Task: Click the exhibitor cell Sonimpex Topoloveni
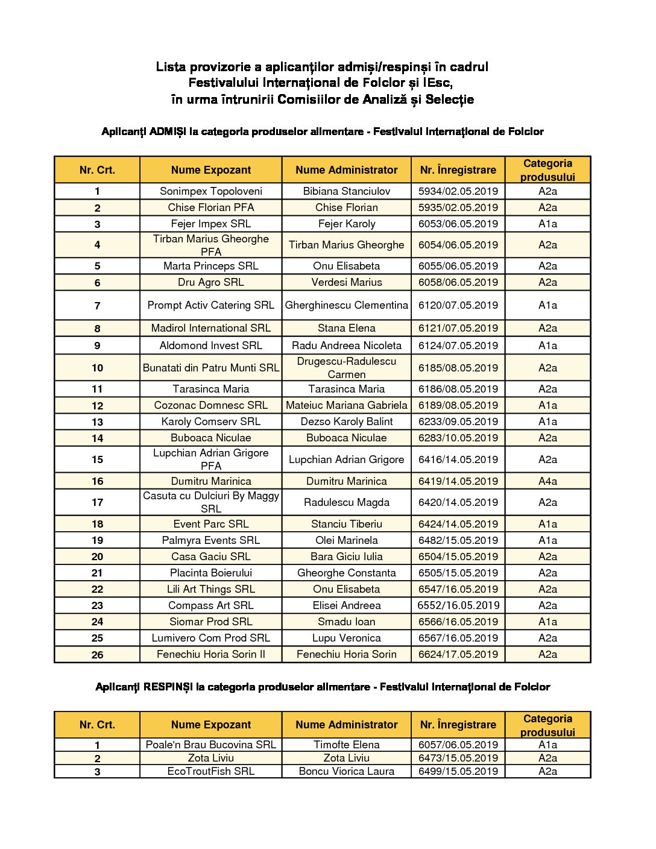coord(210,191)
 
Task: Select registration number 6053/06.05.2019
coord(458,224)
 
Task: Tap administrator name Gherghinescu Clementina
coord(346,305)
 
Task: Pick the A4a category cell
coord(547,481)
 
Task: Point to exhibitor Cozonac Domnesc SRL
coord(210,405)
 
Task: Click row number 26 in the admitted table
coord(97,655)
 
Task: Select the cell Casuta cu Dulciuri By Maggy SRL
coord(210,502)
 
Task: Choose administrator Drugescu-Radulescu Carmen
coord(346,368)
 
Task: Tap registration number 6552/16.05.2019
coord(458,605)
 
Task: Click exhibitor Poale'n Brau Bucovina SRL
coord(210,745)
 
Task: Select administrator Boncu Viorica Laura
coord(346,771)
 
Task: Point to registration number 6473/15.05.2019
coord(458,758)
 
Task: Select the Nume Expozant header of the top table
coord(210,170)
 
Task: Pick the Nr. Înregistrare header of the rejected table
coord(458,725)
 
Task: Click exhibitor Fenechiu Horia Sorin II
coord(210,654)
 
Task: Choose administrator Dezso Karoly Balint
coord(346,421)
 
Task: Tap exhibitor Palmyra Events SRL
coord(210,540)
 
